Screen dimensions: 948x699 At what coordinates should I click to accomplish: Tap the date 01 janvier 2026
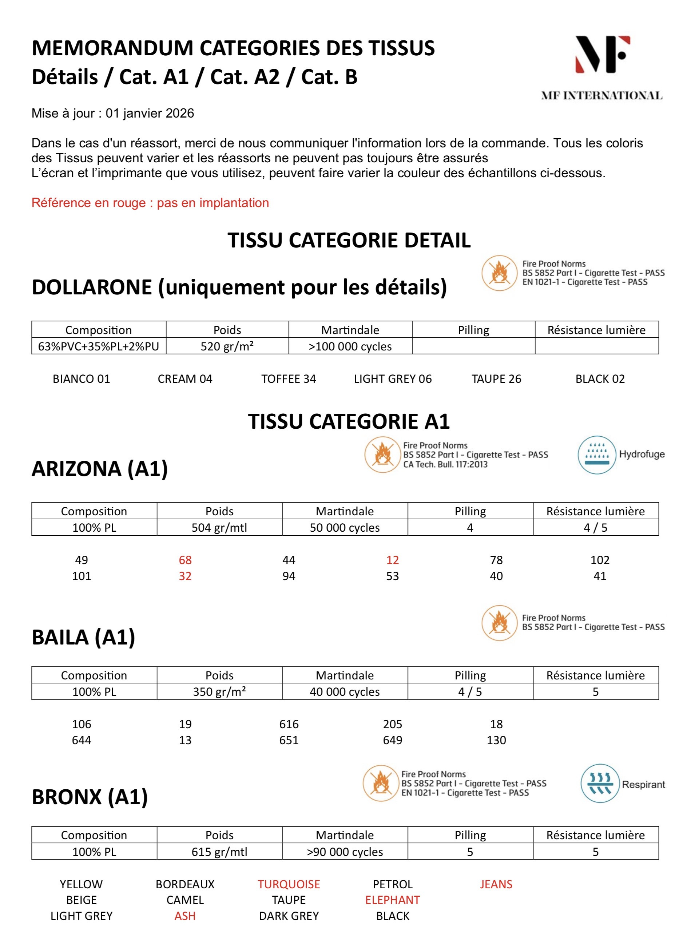pos(150,114)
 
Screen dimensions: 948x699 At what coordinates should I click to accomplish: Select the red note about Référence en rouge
pos(150,203)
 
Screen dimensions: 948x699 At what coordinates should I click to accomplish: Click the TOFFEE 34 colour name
pos(289,379)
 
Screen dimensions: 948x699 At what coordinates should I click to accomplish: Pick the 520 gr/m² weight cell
pos(227,346)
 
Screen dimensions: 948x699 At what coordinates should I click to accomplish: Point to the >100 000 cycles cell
pos(350,346)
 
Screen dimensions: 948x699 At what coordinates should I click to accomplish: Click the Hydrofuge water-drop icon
pos(597,455)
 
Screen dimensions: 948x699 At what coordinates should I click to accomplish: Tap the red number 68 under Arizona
pos(185,560)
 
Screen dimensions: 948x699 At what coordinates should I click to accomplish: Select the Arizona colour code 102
pos(600,560)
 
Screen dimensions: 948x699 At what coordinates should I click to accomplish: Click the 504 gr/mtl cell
pos(219,527)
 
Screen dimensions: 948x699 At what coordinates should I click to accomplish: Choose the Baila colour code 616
pos(289,724)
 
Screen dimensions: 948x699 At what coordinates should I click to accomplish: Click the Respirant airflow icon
pos(599,784)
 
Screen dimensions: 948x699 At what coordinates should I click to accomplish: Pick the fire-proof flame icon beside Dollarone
pos(499,273)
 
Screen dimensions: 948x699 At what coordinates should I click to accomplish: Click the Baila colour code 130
pos(496,740)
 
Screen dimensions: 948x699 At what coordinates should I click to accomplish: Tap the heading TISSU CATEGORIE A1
pos(349,421)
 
